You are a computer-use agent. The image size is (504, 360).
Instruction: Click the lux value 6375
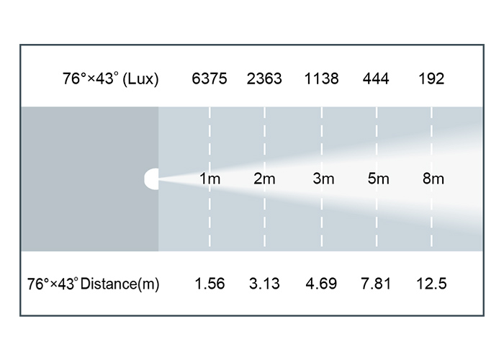coord(210,78)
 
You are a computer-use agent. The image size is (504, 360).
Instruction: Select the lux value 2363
coord(264,78)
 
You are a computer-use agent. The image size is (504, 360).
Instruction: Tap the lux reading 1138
coord(321,78)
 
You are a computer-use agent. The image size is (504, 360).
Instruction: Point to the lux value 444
coord(376,78)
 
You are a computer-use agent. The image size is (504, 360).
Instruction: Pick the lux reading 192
coord(431,78)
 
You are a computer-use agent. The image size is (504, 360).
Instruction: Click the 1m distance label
coord(210,179)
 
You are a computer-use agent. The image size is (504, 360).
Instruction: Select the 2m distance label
coord(264,179)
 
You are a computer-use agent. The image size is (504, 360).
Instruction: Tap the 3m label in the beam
coord(323,179)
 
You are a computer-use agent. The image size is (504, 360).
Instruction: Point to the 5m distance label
coord(378,179)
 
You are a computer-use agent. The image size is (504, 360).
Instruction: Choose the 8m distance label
coord(433,179)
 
